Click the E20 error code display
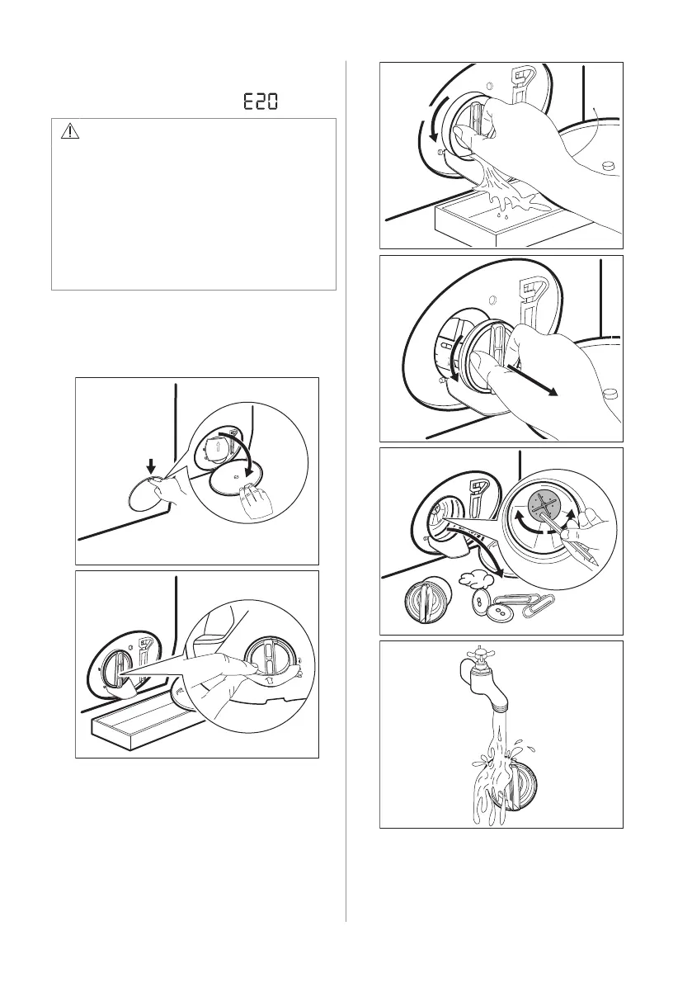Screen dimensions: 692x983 pos(261,102)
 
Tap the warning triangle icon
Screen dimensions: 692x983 pos(69,131)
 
